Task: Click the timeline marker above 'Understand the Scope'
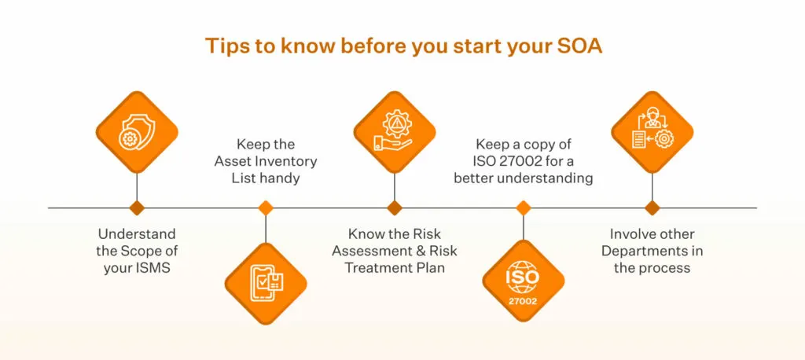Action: pyautogui.click(x=137, y=208)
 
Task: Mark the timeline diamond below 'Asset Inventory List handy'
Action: pyautogui.click(x=266, y=208)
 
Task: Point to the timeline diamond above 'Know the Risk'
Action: pyautogui.click(x=395, y=208)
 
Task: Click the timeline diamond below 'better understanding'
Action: pyautogui.click(x=524, y=208)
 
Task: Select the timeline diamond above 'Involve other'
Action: pyautogui.click(x=652, y=208)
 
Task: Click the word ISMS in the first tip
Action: pyautogui.click(x=155, y=268)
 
